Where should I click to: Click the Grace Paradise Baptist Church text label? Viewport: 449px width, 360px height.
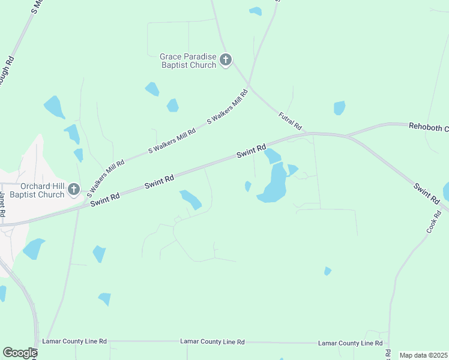click(x=188, y=61)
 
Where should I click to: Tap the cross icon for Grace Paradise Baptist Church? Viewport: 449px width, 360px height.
click(x=226, y=59)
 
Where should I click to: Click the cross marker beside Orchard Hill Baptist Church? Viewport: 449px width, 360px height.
click(x=73, y=190)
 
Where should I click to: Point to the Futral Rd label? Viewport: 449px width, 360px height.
click(x=290, y=121)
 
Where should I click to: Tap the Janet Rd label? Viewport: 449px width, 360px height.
click(x=3, y=205)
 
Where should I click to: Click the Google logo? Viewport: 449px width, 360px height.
click(x=20, y=353)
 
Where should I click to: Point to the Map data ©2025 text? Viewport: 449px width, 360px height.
click(x=423, y=355)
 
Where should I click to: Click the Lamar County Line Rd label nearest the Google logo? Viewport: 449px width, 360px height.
click(x=74, y=341)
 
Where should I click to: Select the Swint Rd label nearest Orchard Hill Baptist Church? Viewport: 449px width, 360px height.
click(x=106, y=199)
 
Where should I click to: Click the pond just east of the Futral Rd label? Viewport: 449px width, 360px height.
click(x=339, y=108)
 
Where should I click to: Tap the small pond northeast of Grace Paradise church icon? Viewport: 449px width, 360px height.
click(x=256, y=11)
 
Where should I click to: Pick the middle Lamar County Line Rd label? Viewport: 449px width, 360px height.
click(x=212, y=341)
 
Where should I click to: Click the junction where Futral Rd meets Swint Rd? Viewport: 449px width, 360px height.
click(x=308, y=134)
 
